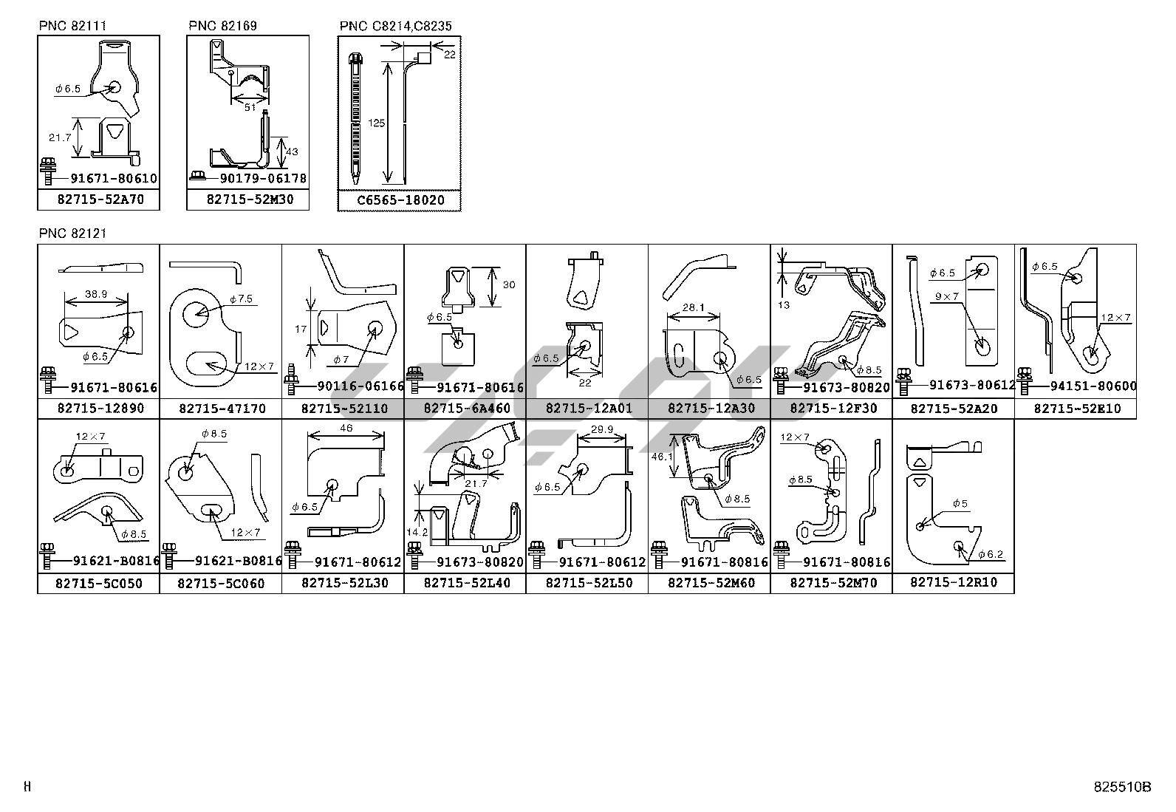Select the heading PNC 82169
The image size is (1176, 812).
(x=222, y=26)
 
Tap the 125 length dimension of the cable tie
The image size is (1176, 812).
(x=377, y=123)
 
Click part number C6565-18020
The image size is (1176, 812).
(x=400, y=200)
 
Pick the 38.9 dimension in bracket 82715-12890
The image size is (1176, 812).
(x=96, y=293)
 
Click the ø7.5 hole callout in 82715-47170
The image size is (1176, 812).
(x=241, y=299)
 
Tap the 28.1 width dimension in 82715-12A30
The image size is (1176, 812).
(x=694, y=308)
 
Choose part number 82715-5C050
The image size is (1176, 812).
(x=100, y=583)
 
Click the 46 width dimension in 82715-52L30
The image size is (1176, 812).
(x=346, y=428)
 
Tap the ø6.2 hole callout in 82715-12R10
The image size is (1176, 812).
(x=989, y=554)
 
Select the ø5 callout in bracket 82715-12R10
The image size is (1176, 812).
(x=959, y=504)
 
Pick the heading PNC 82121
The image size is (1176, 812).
(x=72, y=233)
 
